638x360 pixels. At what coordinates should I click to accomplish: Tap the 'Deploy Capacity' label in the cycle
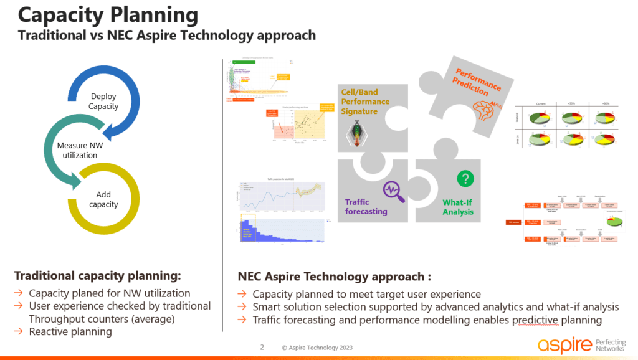[103, 102]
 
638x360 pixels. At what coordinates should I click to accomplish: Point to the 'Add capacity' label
[103, 199]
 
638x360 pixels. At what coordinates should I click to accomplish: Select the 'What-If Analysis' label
[458, 207]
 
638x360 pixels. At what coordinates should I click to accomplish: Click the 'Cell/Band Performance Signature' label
[365, 102]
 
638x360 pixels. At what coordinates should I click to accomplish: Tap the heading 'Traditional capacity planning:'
[98, 275]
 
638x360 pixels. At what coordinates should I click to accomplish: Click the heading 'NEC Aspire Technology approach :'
[334, 277]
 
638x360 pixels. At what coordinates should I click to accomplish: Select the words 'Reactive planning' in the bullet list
[70, 331]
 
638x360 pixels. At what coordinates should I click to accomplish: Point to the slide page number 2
[262, 347]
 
